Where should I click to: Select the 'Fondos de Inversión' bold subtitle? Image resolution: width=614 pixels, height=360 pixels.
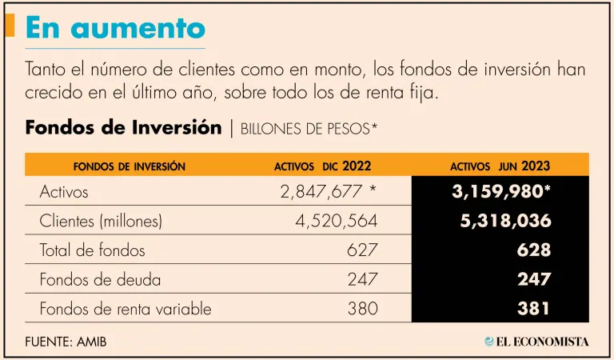pyautogui.click(x=123, y=128)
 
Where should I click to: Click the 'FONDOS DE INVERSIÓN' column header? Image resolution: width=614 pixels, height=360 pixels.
pyautogui.click(x=129, y=166)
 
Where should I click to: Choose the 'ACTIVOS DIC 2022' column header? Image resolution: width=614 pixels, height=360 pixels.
pyautogui.click(x=322, y=166)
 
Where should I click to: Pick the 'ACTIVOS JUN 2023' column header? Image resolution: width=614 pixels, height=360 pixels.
pyautogui.click(x=500, y=166)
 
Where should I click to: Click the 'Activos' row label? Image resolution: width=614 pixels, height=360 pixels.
pyautogui.click(x=63, y=192)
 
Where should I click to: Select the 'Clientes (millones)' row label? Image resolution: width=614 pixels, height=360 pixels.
pyautogui.click(x=101, y=221)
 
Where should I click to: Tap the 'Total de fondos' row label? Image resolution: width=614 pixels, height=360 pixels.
pyautogui.click(x=92, y=250)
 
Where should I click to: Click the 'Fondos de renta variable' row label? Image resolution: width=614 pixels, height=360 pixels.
pyautogui.click(x=126, y=309)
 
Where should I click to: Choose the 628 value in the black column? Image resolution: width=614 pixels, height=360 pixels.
pyautogui.click(x=534, y=250)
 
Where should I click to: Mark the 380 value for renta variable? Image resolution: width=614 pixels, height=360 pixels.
pyautogui.click(x=361, y=309)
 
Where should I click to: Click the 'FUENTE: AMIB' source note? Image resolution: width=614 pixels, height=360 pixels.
pyautogui.click(x=66, y=342)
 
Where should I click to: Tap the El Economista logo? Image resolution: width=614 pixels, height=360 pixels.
pyautogui.click(x=536, y=342)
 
